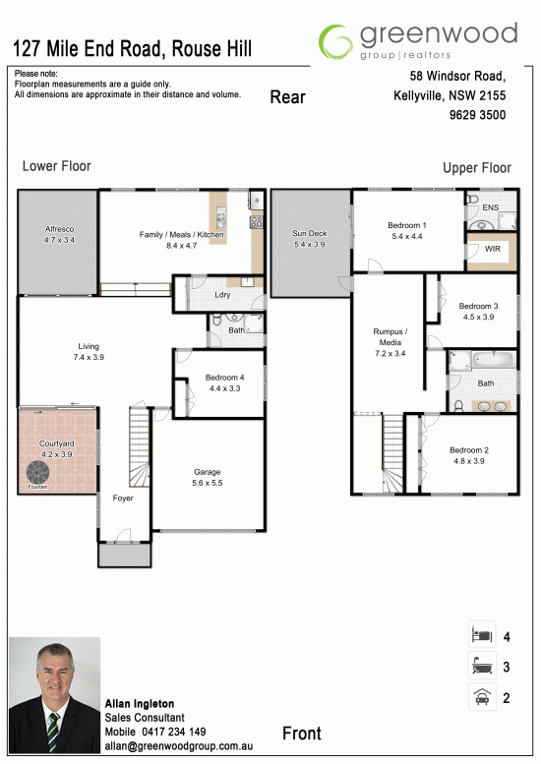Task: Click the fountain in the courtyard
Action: click(38, 472)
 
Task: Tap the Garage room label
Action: click(208, 472)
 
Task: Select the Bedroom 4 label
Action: click(224, 378)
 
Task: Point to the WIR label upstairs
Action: click(492, 249)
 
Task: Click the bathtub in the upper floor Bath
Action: click(494, 361)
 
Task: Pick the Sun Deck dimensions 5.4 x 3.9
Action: click(310, 244)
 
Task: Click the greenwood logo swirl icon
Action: click(335, 42)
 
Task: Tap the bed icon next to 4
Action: click(482, 635)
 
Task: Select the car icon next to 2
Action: click(482, 697)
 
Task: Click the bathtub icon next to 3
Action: click(482, 666)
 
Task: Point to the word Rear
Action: click(287, 97)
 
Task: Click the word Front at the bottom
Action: click(302, 734)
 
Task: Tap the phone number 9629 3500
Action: click(477, 115)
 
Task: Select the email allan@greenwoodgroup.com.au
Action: click(179, 746)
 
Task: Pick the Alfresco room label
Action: click(59, 228)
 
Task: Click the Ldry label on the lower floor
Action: click(222, 294)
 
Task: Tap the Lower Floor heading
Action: click(56, 166)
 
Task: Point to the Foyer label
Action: click(123, 498)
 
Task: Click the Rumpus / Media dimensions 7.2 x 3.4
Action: click(390, 353)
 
